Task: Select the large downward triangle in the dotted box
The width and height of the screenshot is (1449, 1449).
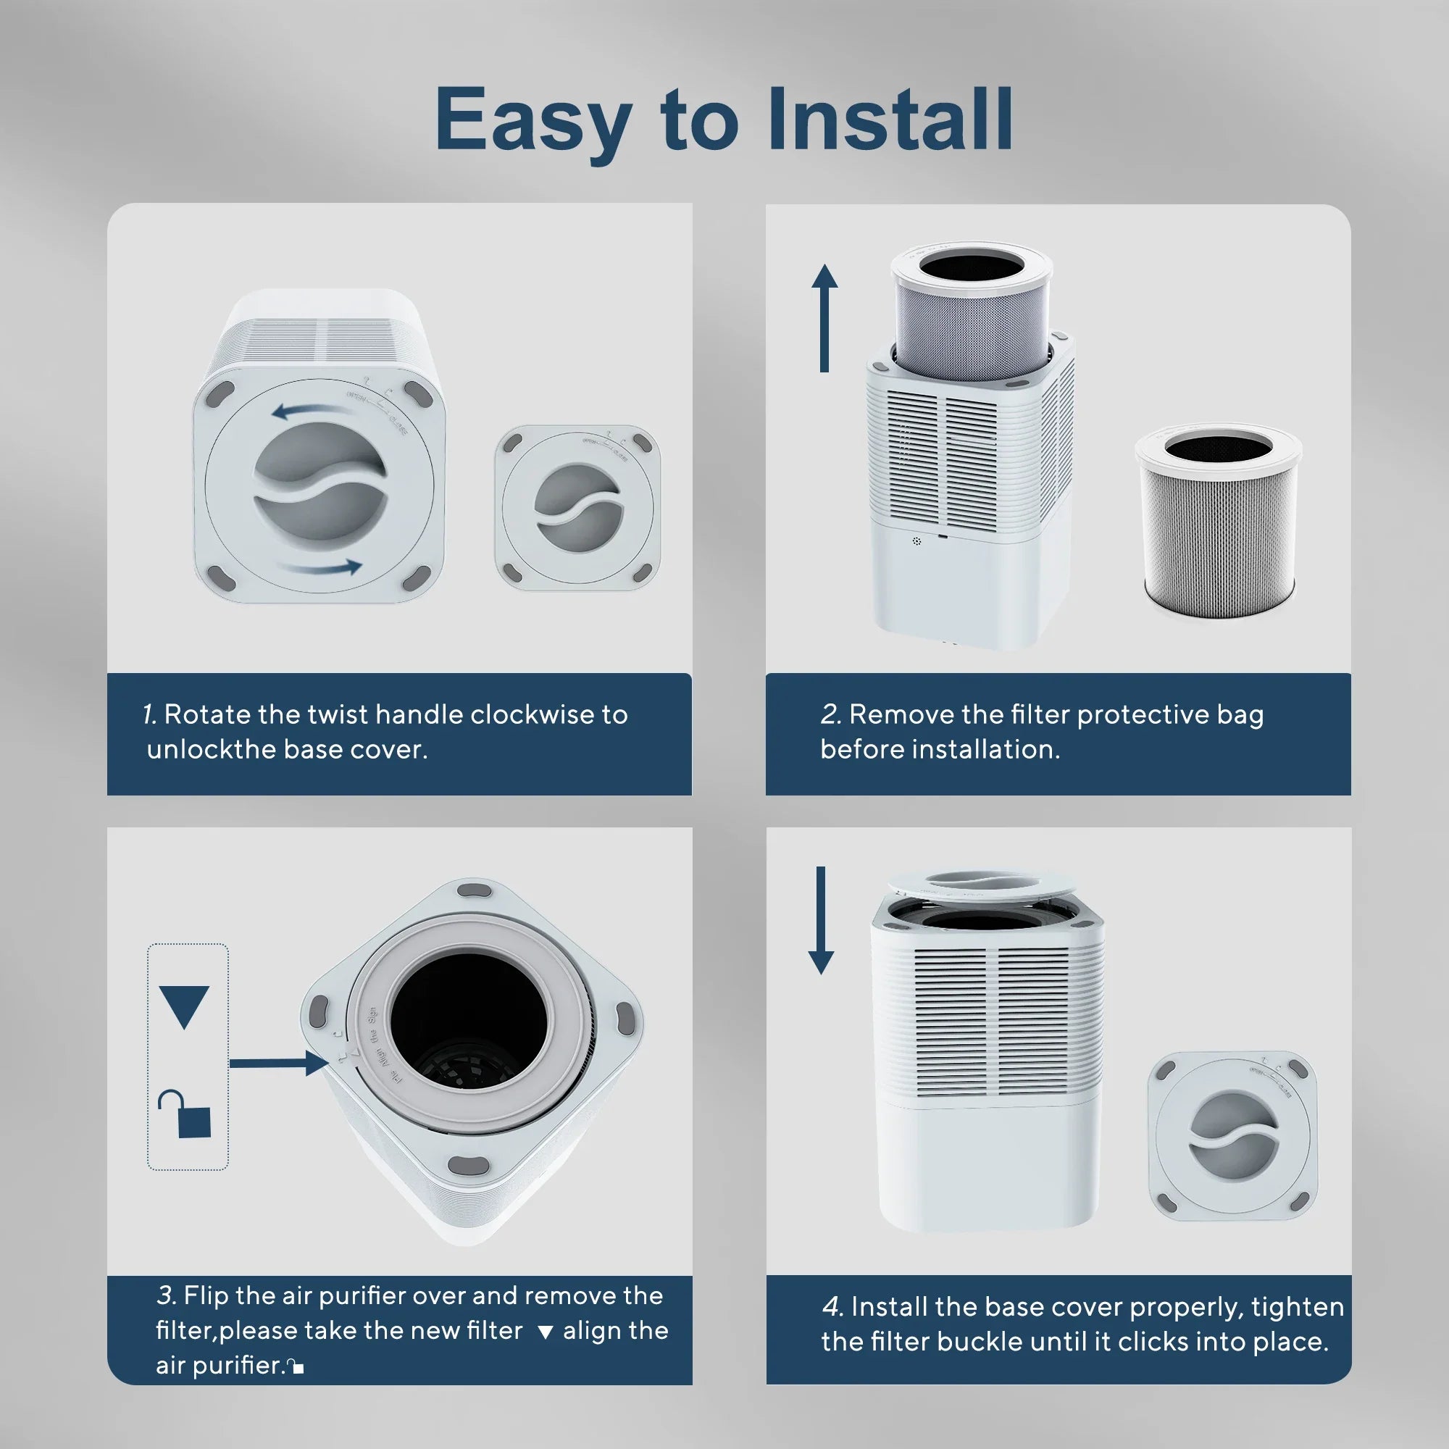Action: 184,1005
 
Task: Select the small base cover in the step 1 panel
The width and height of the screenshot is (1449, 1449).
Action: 577,507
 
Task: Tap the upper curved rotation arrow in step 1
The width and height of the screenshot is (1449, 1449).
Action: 313,410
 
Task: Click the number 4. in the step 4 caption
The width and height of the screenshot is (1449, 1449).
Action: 832,1306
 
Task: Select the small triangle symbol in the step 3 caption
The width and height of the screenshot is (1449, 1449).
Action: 546,1332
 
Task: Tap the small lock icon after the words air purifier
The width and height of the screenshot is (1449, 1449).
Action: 296,1366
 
